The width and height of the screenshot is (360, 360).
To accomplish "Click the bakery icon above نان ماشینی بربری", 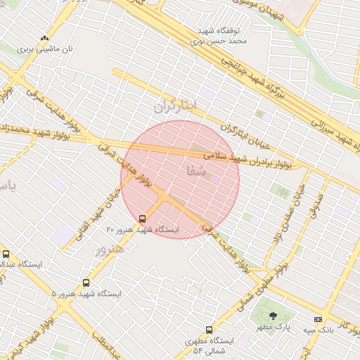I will click(x=45, y=39).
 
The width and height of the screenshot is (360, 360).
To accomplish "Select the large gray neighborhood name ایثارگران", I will click(x=175, y=106).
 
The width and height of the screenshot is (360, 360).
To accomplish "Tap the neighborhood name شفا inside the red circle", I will click(x=196, y=170).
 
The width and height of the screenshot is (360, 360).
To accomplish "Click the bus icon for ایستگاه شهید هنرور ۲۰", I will click(x=143, y=219).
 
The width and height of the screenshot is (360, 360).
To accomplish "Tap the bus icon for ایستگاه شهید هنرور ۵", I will click(x=86, y=283).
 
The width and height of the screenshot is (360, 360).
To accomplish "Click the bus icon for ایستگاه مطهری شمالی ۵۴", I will click(x=209, y=330).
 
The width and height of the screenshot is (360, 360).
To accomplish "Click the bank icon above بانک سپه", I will click(x=319, y=319).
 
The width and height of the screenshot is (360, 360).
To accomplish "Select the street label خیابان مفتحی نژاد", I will click(x=290, y=211).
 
